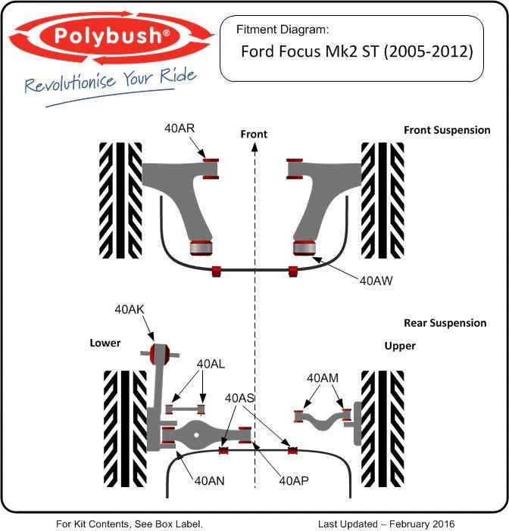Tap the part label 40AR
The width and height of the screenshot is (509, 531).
(x=180, y=128)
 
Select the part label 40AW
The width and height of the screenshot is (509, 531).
(x=376, y=281)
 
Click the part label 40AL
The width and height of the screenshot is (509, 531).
(x=211, y=364)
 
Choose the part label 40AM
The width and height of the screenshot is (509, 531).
(x=323, y=377)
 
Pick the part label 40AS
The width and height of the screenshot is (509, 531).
(x=240, y=398)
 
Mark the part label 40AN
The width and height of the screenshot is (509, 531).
(x=210, y=480)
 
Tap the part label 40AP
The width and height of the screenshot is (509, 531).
(x=295, y=480)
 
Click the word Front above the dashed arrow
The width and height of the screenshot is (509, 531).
(x=254, y=134)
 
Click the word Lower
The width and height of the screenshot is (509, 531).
(x=105, y=343)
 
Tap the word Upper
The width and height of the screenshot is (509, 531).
(x=400, y=346)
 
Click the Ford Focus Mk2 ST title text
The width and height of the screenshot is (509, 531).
(x=356, y=52)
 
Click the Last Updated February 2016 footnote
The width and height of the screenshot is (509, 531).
(x=386, y=523)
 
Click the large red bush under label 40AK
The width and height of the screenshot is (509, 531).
(x=159, y=352)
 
